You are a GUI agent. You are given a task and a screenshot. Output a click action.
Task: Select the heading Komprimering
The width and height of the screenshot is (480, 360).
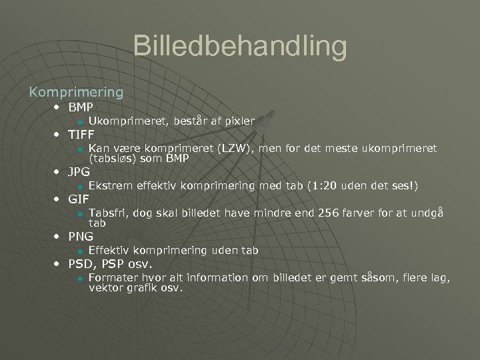point(75,91)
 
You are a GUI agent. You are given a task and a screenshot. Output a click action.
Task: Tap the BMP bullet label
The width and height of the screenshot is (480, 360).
point(81,107)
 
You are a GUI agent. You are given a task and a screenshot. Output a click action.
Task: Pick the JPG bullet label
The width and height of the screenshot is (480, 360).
point(79,172)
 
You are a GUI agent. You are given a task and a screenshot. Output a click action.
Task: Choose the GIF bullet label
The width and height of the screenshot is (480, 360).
point(79,199)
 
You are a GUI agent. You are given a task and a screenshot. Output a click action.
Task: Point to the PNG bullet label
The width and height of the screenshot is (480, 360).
point(81,236)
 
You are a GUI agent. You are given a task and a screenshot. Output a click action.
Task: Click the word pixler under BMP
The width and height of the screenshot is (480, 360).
point(239,121)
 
